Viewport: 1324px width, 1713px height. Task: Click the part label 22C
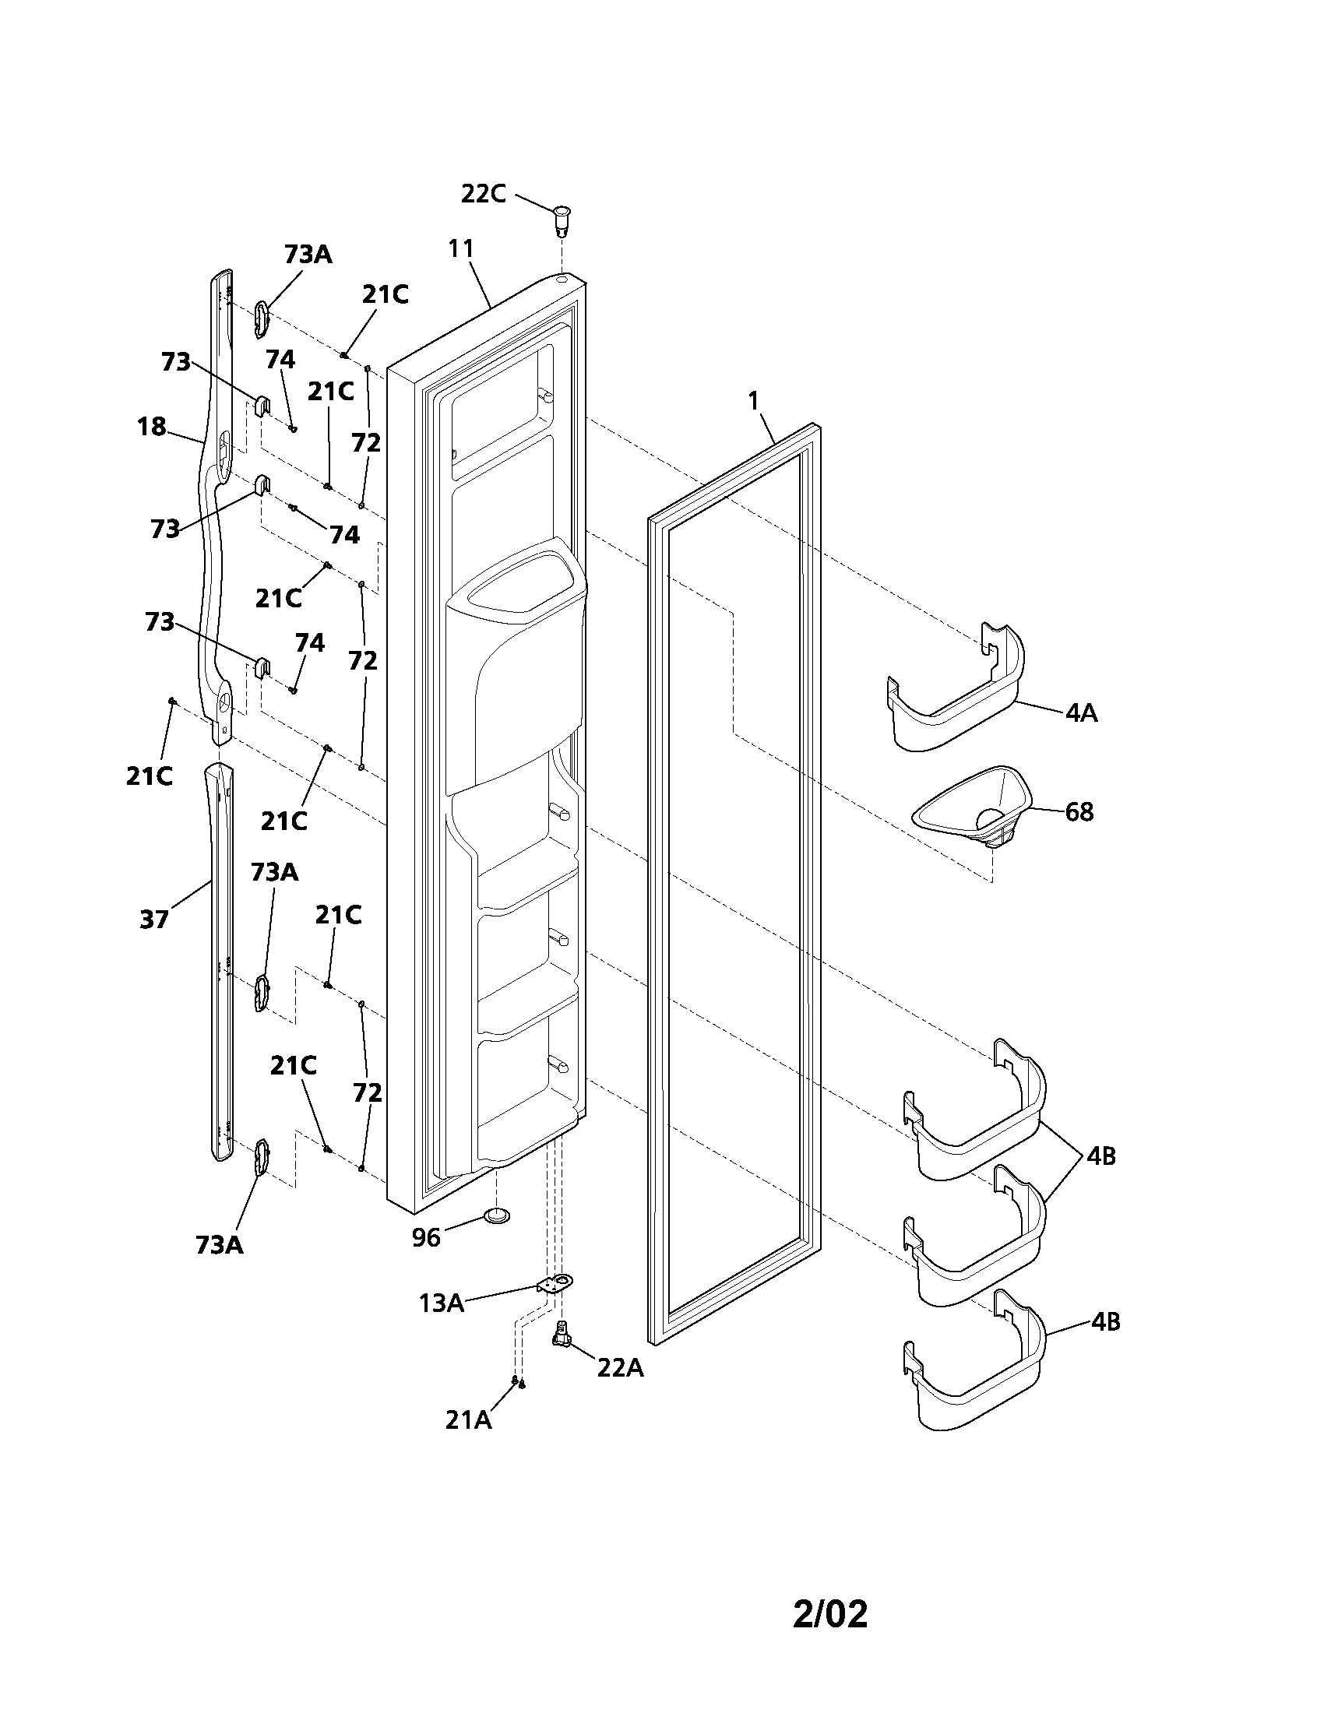482,194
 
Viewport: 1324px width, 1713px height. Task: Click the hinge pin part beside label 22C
562,220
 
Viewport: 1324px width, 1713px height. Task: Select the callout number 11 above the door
461,248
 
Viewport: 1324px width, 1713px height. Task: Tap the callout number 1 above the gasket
753,401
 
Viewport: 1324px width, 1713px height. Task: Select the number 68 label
1079,812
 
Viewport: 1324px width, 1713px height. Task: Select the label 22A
621,1368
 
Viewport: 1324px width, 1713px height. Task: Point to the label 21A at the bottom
468,1419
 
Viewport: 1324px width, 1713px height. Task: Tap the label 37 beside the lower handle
154,919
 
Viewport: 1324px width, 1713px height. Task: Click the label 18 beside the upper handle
151,427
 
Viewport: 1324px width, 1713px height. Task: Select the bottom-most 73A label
220,1245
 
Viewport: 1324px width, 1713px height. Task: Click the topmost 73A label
308,255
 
